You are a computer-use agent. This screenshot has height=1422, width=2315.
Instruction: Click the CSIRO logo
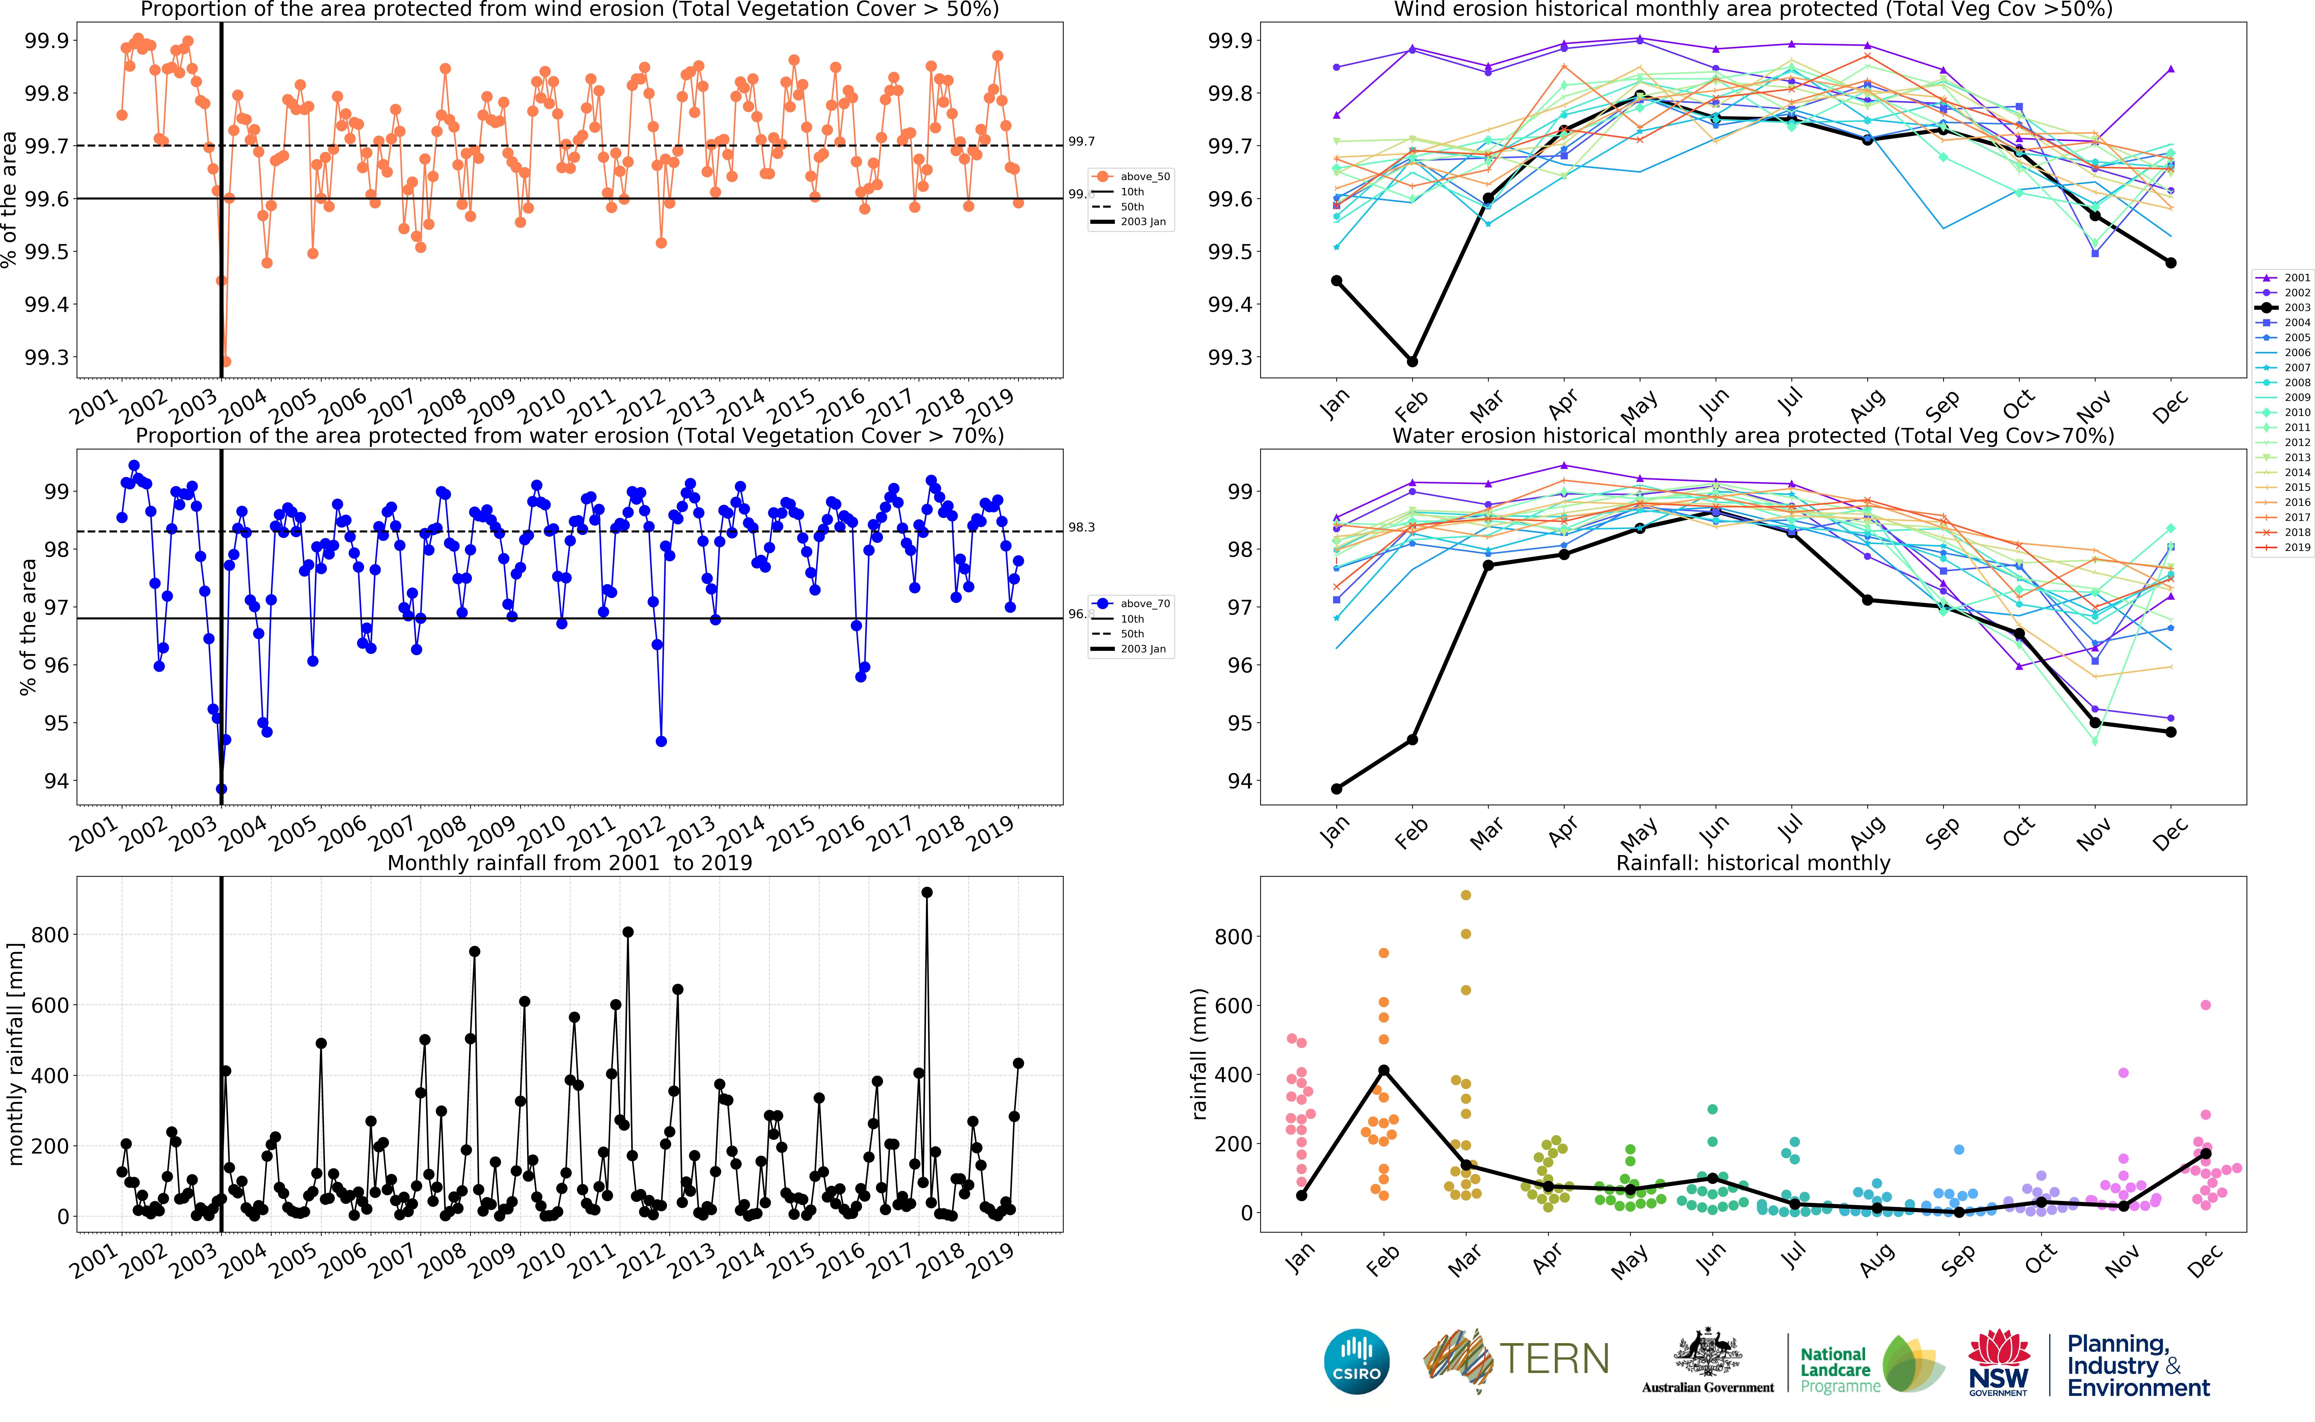click(x=1356, y=1362)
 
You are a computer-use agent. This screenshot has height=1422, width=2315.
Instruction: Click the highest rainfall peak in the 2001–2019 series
click(x=927, y=893)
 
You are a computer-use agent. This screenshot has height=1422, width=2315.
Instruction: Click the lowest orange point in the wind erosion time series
click(x=226, y=361)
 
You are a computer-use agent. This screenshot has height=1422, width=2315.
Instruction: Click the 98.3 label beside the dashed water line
click(x=1081, y=528)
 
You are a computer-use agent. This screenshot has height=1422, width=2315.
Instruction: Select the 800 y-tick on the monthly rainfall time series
click(x=50, y=935)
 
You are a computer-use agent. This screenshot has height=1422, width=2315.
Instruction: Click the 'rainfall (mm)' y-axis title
click(x=1199, y=1053)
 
